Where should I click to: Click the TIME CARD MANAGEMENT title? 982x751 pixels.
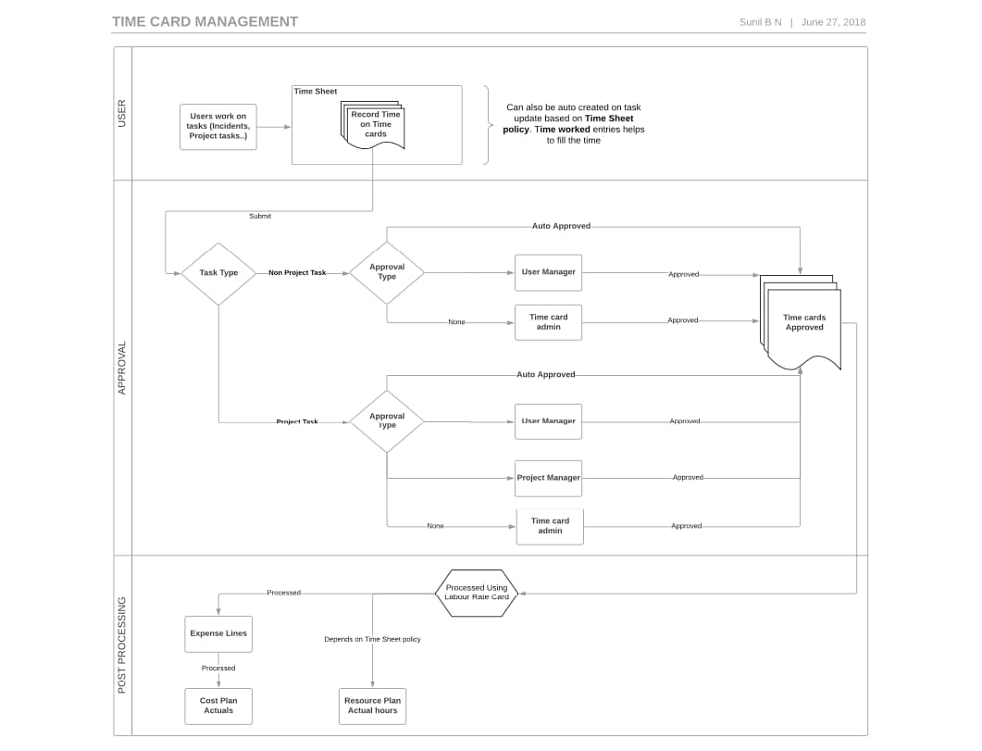pos(205,21)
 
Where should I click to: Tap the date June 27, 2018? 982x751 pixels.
pos(833,22)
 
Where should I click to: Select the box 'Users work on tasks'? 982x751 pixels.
pos(218,127)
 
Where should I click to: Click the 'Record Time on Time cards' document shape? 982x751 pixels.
pos(375,125)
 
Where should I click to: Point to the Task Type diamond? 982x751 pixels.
pos(218,273)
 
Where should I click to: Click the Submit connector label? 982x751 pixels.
pos(260,216)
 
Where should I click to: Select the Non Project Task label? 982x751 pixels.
pos(297,273)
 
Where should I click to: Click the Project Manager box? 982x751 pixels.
pos(549,478)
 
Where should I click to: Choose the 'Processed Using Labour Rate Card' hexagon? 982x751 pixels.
pos(477,593)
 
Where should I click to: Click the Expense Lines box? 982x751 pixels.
pos(218,633)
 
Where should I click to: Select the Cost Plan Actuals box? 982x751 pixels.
pos(218,706)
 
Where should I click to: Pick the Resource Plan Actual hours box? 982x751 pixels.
pos(372,706)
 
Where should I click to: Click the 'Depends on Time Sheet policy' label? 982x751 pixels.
pos(372,639)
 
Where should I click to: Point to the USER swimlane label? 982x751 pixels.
pos(122,113)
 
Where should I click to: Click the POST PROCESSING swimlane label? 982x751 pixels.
pos(122,645)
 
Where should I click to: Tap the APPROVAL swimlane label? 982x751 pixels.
pos(122,368)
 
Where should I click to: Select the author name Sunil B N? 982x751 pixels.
pos(760,22)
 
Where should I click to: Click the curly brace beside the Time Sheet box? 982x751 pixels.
pos(486,125)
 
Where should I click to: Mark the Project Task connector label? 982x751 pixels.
pos(297,421)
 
